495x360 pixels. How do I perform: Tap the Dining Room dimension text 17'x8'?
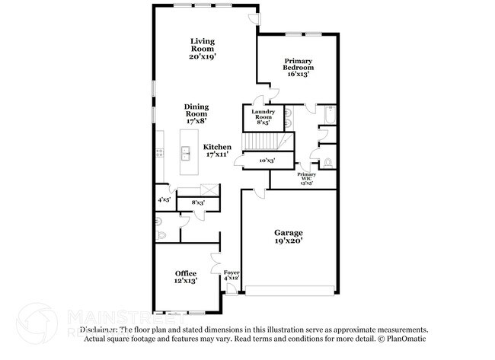tap(196, 119)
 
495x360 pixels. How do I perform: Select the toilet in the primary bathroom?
tap(327, 162)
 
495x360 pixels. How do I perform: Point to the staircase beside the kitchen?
tap(263, 142)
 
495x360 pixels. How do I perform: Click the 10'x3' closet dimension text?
tap(267, 161)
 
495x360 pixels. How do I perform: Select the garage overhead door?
tap(289, 289)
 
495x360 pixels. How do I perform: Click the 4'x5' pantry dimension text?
tap(164, 199)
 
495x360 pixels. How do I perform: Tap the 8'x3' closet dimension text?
tap(198, 202)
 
